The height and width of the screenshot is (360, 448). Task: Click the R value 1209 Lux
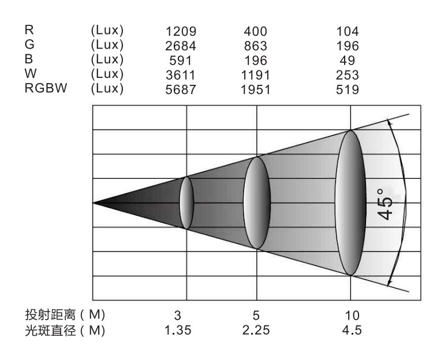181,31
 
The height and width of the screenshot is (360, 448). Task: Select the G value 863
255,46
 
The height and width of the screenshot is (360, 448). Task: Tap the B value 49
348,61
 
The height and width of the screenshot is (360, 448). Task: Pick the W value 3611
181,75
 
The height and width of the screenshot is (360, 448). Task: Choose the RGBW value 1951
255,89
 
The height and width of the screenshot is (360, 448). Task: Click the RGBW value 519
348,89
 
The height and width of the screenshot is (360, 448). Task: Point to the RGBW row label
46,88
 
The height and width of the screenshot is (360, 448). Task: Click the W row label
31,73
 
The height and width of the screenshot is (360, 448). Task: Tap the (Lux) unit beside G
107,45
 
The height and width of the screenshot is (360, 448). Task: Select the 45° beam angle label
384,204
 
